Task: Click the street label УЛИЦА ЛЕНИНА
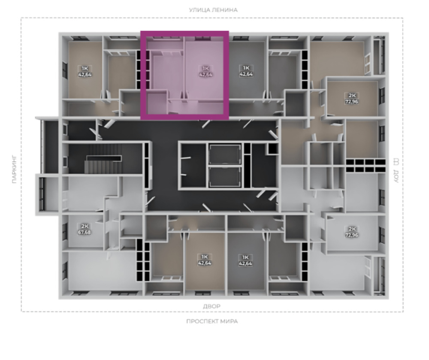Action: point(213,10)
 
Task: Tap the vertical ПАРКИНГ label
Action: point(15,169)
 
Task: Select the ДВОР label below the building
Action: point(211,306)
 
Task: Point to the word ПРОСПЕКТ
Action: point(203,321)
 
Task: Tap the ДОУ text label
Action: point(396,176)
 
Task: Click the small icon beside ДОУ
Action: point(396,162)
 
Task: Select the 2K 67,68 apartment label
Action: point(85,229)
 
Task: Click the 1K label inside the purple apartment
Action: point(206,68)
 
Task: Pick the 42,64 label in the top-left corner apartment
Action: point(85,74)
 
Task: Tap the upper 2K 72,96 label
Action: point(352,99)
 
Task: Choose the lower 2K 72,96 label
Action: point(352,232)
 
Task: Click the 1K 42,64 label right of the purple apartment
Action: point(246,71)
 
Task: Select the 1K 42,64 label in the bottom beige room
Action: point(204,260)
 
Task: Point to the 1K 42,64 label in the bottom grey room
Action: point(245,260)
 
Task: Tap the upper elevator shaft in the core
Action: point(225,154)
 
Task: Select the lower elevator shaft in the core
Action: point(225,177)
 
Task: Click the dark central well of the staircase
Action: point(104,158)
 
